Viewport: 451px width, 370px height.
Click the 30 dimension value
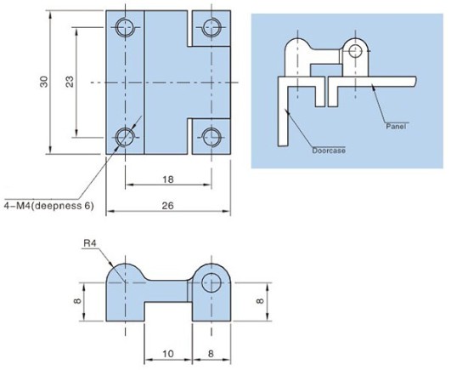click(x=44, y=82)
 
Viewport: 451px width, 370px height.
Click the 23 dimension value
click(x=70, y=82)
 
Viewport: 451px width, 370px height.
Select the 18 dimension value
click(x=168, y=179)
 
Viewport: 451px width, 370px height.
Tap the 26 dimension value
click(x=168, y=206)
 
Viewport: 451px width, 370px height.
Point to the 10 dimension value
click(x=168, y=354)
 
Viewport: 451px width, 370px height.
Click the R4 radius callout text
click(x=89, y=243)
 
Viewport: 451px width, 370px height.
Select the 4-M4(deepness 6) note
click(x=49, y=206)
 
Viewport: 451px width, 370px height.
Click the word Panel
click(x=396, y=126)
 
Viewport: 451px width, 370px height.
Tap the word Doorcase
click(x=329, y=151)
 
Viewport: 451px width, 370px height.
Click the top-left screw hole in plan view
click(x=125, y=27)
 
